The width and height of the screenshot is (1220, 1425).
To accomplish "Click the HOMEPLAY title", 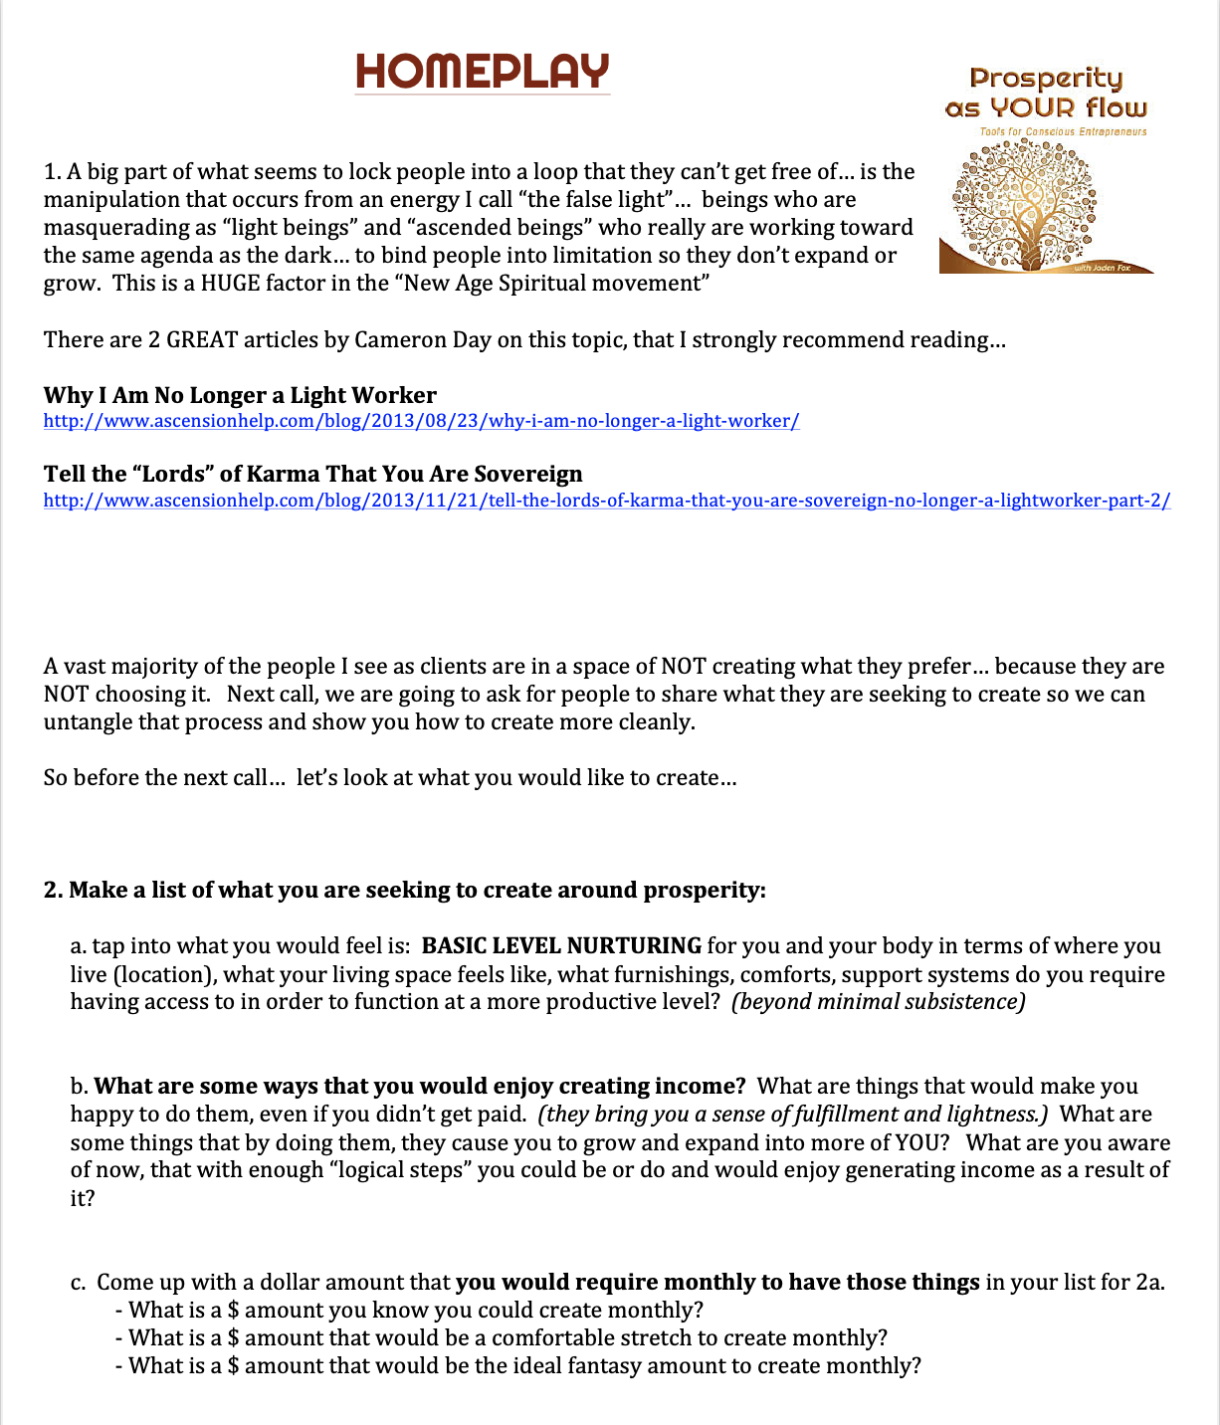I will point(483,72).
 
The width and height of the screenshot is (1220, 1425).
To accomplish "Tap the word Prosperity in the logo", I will point(1046,79).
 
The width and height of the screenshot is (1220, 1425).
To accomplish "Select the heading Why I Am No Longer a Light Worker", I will point(240,395).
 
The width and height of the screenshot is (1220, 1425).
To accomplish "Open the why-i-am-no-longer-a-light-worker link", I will point(421,421).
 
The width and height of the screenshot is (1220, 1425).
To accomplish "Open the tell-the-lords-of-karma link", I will point(607,501).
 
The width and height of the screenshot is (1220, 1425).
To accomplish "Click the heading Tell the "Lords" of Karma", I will point(312,474).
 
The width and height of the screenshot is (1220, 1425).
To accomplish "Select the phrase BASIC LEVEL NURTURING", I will point(561,945).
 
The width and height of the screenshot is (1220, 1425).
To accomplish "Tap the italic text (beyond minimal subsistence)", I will point(878,1001).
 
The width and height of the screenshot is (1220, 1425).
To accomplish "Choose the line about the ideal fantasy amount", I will point(524,1365).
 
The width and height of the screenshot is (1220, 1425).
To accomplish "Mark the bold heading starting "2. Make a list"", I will point(404,890).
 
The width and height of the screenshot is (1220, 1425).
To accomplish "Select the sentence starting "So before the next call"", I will point(390,777).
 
